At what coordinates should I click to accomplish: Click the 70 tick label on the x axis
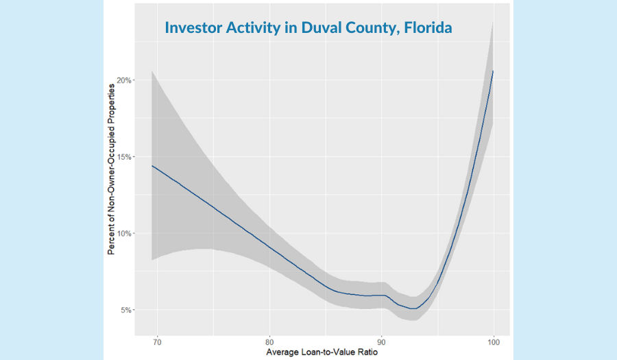[158, 341]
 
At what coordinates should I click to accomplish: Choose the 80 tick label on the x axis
[269, 341]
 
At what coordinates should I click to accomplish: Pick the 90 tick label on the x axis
[381, 341]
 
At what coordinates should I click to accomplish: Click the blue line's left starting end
[152, 165]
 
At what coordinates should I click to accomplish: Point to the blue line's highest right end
[494, 71]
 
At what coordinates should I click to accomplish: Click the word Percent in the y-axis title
[112, 241]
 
